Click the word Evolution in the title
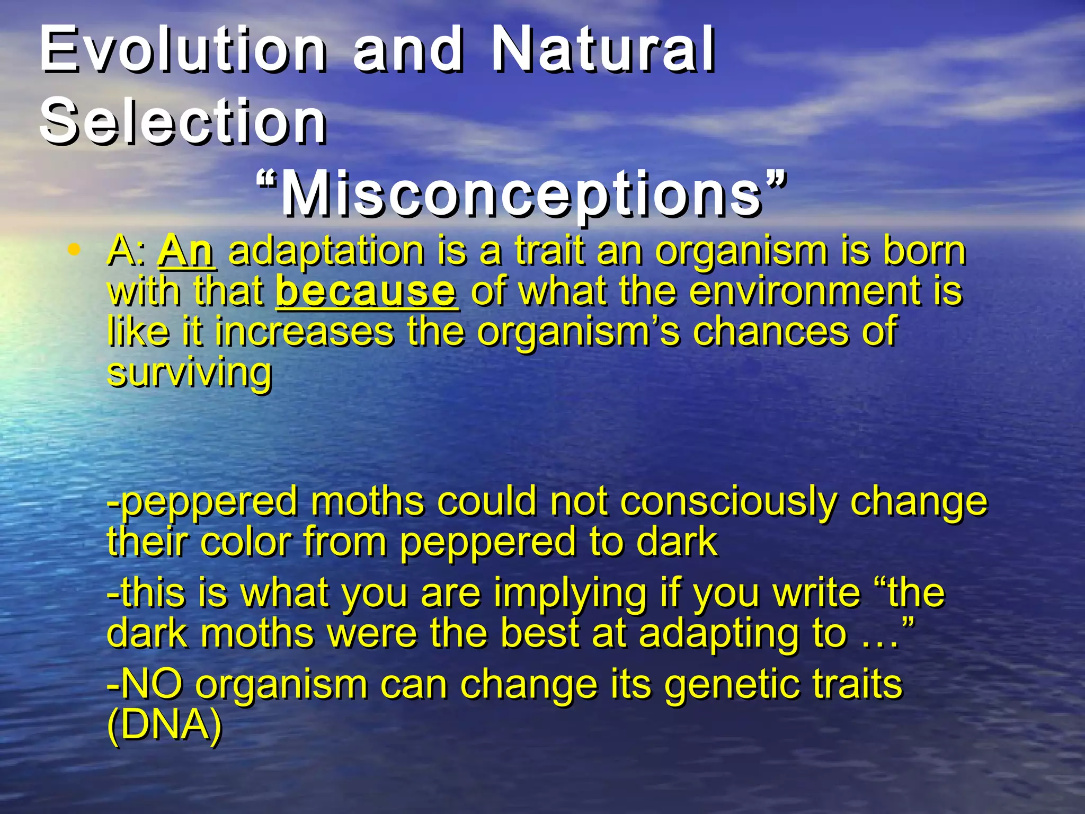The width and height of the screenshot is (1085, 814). point(183,50)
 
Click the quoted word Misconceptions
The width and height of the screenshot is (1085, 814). point(522,195)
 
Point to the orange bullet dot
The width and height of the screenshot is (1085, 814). point(75,249)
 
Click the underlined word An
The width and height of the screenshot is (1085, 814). point(186,251)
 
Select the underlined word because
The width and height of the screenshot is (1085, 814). point(366,291)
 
